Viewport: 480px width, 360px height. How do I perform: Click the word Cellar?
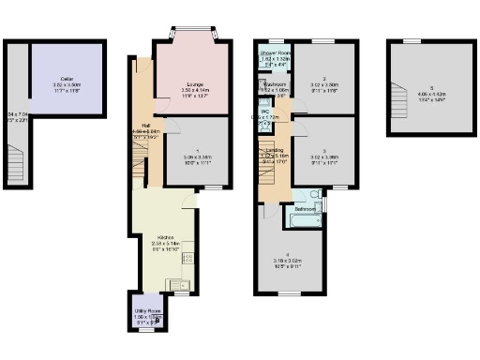(x=67, y=79)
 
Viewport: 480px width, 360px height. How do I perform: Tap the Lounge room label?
(x=193, y=82)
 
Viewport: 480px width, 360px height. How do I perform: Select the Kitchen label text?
(x=165, y=237)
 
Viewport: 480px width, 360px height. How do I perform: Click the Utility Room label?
(x=147, y=309)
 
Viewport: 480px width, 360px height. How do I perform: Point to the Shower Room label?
(x=273, y=52)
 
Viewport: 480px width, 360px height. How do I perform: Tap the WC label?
(x=266, y=112)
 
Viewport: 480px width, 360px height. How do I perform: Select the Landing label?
(x=275, y=150)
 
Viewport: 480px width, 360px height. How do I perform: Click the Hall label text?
(x=146, y=125)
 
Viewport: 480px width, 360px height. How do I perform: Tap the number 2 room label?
(x=322, y=79)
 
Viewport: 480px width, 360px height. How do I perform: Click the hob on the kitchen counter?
(x=187, y=258)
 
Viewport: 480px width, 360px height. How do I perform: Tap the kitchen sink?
(x=173, y=283)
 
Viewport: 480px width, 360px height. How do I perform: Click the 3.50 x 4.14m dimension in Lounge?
(x=193, y=90)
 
